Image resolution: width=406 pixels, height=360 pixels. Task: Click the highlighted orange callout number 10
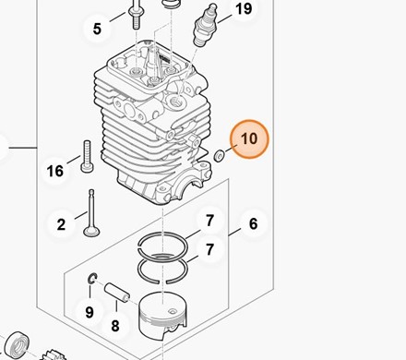pos(249,138)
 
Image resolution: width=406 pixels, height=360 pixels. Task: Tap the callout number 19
pos(244,8)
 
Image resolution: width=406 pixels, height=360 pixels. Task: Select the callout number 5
pos(97,29)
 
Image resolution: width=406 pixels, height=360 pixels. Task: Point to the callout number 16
pos(55,171)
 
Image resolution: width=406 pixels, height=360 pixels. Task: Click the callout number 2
pos(61,224)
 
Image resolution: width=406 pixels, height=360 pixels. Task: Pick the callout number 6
pos(253,223)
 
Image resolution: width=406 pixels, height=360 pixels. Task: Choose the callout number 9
pos(90,312)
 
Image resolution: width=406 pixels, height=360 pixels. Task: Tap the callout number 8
pos(115,326)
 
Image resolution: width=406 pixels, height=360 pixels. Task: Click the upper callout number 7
pos(209,221)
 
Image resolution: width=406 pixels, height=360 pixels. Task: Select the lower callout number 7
pos(209,249)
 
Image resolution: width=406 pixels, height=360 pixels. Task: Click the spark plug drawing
pos(204,25)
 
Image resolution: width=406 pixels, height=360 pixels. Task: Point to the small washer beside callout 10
pos(219,156)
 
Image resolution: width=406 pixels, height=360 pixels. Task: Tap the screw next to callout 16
pos(87,156)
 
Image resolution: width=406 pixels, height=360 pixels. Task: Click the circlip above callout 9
pos(92,279)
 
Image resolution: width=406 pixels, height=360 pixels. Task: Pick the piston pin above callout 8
pos(117,293)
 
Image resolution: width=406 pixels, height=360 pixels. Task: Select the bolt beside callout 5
pos(137,15)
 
